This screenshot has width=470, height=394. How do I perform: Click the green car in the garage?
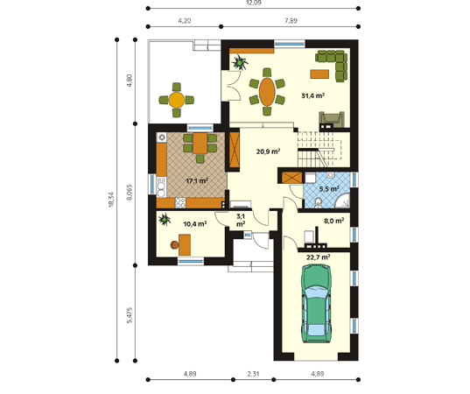pyautogui.click(x=317, y=304)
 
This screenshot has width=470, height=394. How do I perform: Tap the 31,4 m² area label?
pyautogui.click(x=313, y=96)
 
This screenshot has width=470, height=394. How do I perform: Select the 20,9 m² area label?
pyautogui.click(x=268, y=151)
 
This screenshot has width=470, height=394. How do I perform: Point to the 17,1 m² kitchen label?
pyautogui.click(x=197, y=181)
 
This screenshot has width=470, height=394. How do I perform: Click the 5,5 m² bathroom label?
pyautogui.click(x=329, y=189)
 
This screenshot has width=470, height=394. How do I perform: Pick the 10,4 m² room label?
pyautogui.click(x=195, y=223)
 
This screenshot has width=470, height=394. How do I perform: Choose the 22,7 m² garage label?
pyautogui.click(x=319, y=257)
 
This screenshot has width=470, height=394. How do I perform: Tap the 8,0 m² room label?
pyautogui.click(x=334, y=221)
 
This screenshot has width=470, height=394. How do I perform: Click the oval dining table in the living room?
pyautogui.click(x=267, y=92)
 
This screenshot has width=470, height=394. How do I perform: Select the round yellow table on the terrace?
pyautogui.click(x=177, y=100)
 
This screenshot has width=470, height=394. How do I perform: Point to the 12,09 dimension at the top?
pyautogui.click(x=254, y=3)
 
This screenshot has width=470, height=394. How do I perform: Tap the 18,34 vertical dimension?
pyautogui.click(x=111, y=200)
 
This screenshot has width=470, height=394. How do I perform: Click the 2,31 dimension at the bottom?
pyautogui.click(x=253, y=374)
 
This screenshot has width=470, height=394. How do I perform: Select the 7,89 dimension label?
pyautogui.click(x=291, y=21)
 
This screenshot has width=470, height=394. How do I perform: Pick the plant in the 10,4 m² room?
pyautogui.click(x=165, y=219)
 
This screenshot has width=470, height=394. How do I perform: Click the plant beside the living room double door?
pyautogui.click(x=240, y=62)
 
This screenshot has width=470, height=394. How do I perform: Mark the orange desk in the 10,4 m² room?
pyautogui.click(x=185, y=245)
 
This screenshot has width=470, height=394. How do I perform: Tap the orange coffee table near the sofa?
pyautogui.click(x=319, y=74)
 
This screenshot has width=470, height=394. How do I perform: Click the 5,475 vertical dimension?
pyautogui.click(x=130, y=315)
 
